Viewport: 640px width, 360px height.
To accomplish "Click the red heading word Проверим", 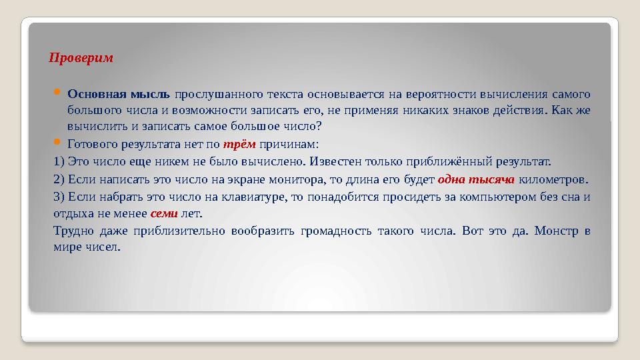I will coord(81,58).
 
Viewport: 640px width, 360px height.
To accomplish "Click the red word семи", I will coord(163,214).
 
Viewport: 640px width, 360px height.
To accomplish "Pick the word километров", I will coord(554,179).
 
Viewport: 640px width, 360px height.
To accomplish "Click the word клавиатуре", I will coord(255,197).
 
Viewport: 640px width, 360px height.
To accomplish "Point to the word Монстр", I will coord(553,231).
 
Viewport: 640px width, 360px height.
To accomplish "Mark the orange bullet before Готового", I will coord(57,143).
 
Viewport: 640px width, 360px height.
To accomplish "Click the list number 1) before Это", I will coord(59,162).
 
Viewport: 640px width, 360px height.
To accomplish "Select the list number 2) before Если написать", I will coord(59,179).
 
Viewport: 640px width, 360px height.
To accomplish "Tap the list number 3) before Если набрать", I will coord(59,197).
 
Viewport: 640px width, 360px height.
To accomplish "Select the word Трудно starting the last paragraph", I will coord(72,231).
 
